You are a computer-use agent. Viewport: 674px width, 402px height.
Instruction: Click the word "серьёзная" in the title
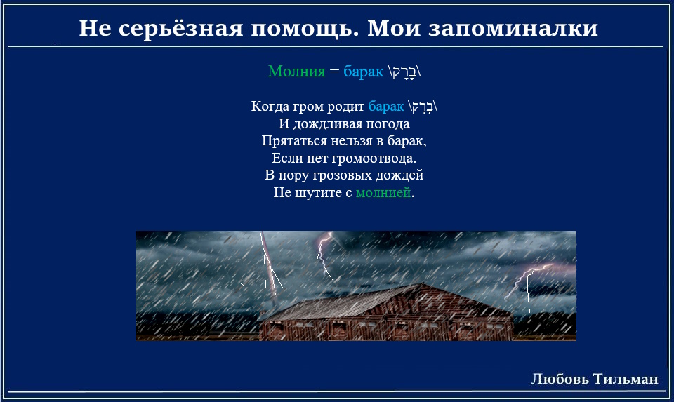[x=181, y=29]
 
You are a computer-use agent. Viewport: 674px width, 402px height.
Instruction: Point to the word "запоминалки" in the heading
[x=513, y=29]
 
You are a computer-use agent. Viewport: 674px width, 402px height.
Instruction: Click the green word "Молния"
[x=296, y=71]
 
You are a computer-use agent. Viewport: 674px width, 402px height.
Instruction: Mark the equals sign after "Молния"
[x=334, y=72]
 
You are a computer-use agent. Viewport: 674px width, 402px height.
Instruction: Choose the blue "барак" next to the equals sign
[x=363, y=72]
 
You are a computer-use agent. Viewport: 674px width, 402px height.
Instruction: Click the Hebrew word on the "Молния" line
[x=404, y=72]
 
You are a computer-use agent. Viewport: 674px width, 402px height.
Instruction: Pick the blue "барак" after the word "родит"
[x=386, y=107]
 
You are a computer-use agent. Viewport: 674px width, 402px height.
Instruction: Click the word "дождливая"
[x=324, y=124]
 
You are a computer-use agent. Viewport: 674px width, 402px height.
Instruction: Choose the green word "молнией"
[x=383, y=192]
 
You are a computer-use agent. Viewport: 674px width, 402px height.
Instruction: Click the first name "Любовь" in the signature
[x=560, y=380]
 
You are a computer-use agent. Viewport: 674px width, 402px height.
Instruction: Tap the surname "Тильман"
[x=626, y=380]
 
